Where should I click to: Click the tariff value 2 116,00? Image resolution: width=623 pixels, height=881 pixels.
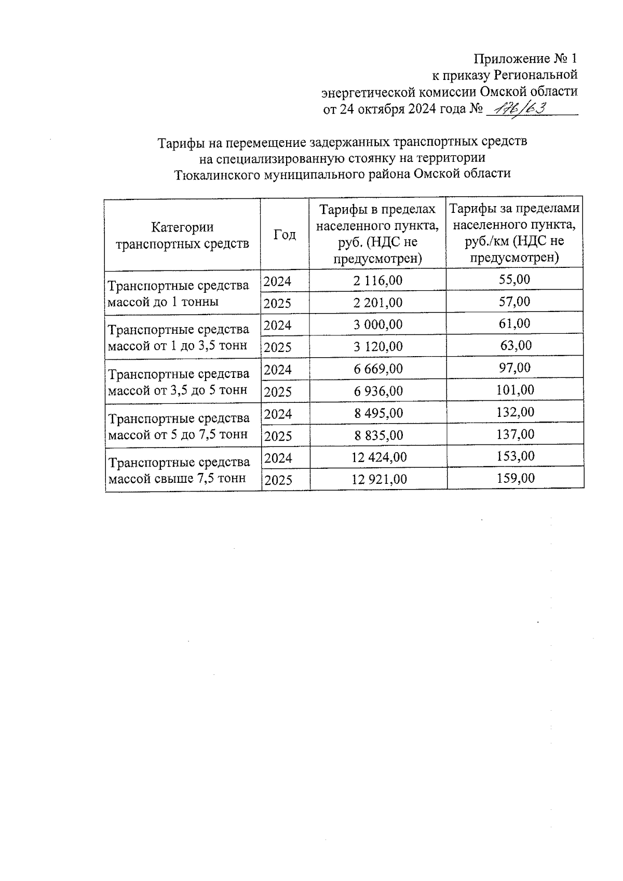(x=377, y=281)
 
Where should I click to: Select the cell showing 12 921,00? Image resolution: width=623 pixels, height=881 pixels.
(x=379, y=479)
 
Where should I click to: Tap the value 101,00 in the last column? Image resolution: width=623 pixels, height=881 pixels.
(x=515, y=390)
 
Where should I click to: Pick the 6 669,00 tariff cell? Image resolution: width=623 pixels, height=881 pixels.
(x=378, y=369)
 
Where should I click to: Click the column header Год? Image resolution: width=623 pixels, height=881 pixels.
(x=285, y=235)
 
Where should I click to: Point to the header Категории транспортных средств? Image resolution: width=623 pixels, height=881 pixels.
(x=182, y=235)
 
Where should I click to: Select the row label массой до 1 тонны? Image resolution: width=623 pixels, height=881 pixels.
(x=162, y=302)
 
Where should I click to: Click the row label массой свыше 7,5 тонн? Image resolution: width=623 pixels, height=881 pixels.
(x=177, y=479)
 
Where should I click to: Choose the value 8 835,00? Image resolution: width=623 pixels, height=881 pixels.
(x=378, y=435)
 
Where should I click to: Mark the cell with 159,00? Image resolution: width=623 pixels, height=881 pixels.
(x=515, y=478)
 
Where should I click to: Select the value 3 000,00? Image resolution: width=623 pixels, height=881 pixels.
(x=378, y=324)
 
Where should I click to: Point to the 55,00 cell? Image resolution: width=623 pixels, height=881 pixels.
(x=514, y=280)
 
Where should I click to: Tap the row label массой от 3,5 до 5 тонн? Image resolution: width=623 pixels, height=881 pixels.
(x=177, y=390)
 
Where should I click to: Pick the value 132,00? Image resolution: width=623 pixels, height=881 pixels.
(x=515, y=412)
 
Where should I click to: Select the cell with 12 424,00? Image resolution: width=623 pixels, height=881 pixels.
(x=379, y=457)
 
